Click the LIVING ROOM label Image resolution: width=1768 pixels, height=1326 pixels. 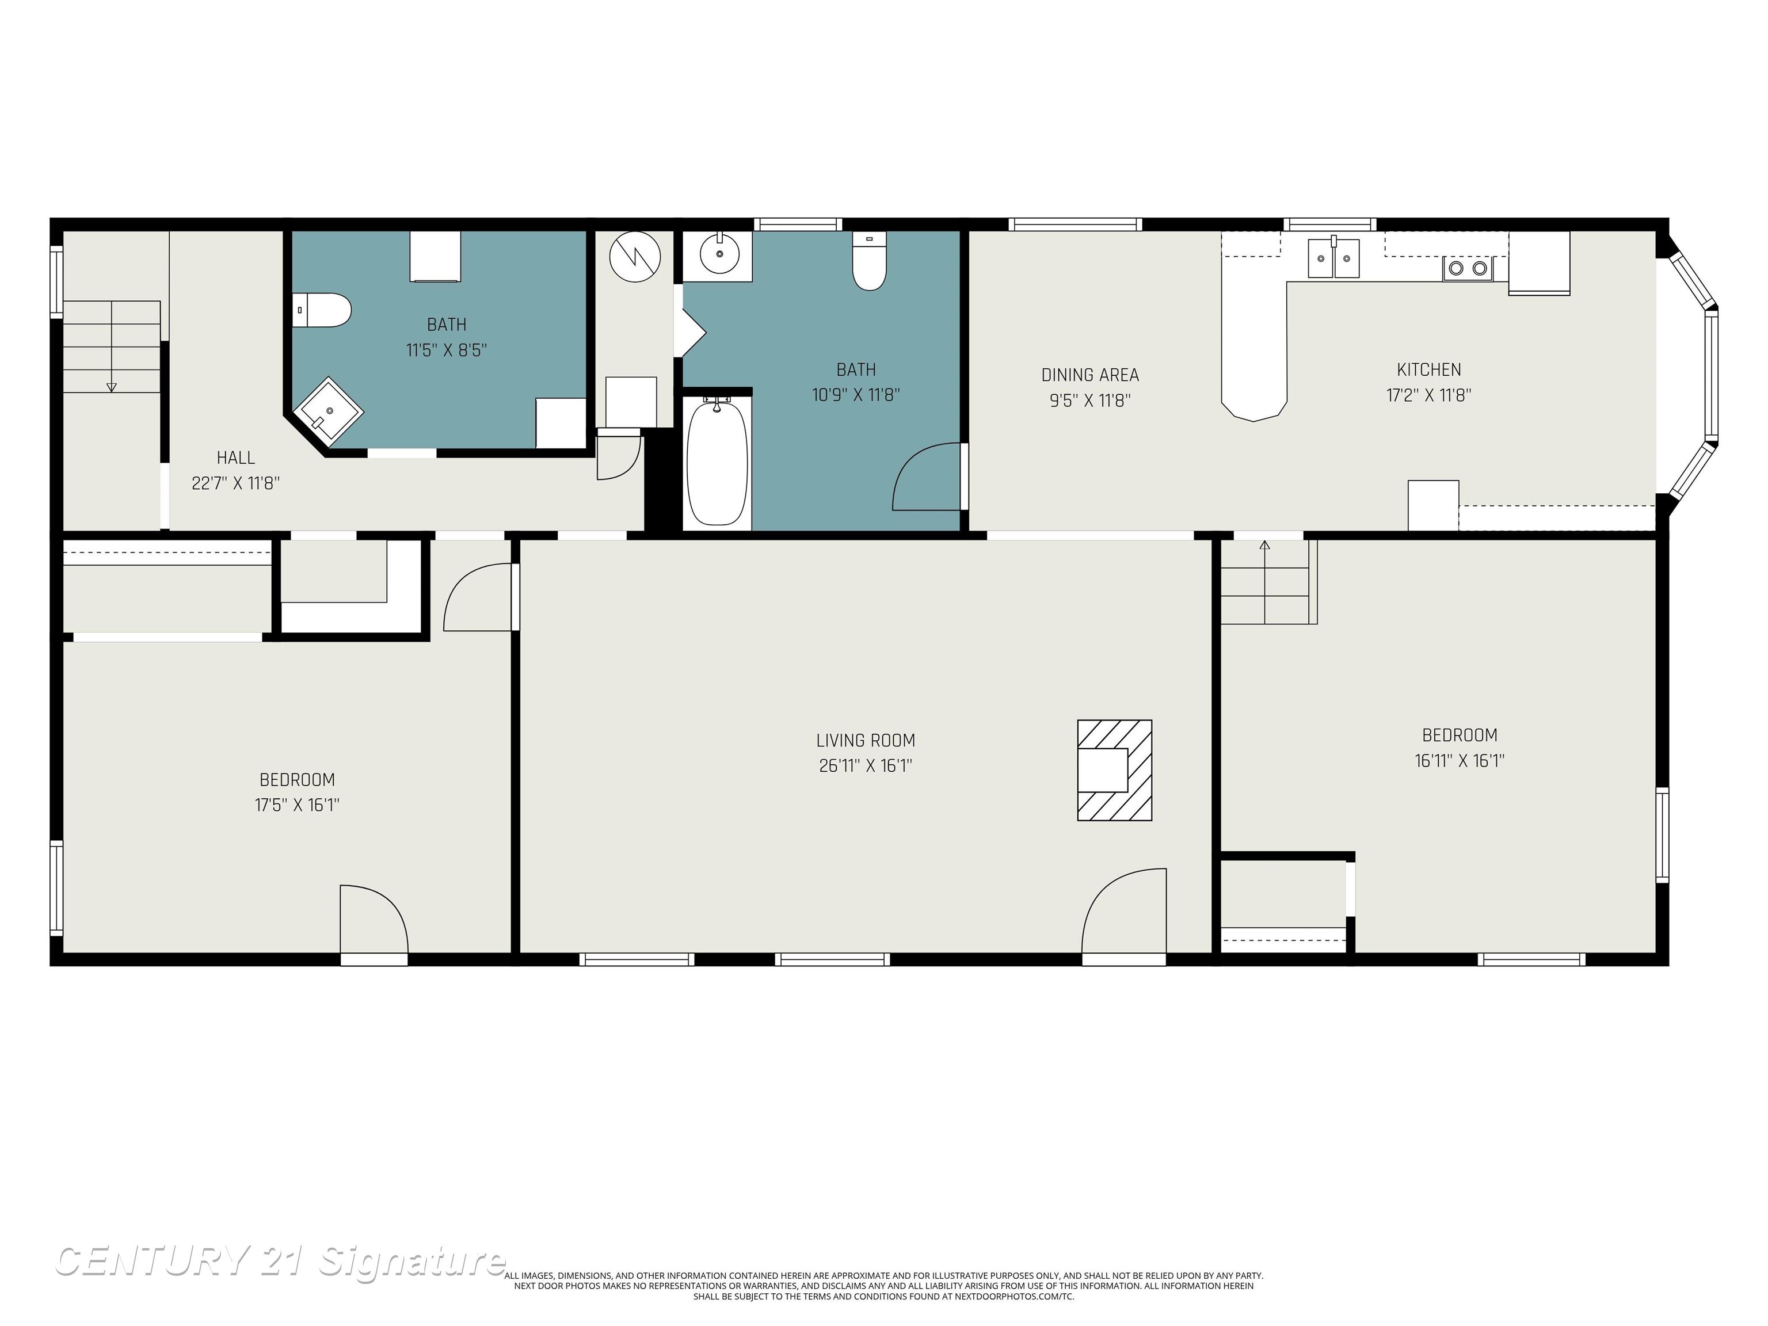pos(866,741)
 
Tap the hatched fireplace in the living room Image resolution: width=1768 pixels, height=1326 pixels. pos(1114,771)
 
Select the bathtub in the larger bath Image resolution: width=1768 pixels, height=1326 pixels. pos(717,463)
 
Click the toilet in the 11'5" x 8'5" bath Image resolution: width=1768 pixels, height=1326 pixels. pos(322,310)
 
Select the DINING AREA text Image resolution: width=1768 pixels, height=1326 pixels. pos(1089,375)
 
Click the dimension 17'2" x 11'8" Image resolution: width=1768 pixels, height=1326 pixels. pos(1428,395)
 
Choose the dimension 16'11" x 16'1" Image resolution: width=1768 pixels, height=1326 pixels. pos(1460,761)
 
